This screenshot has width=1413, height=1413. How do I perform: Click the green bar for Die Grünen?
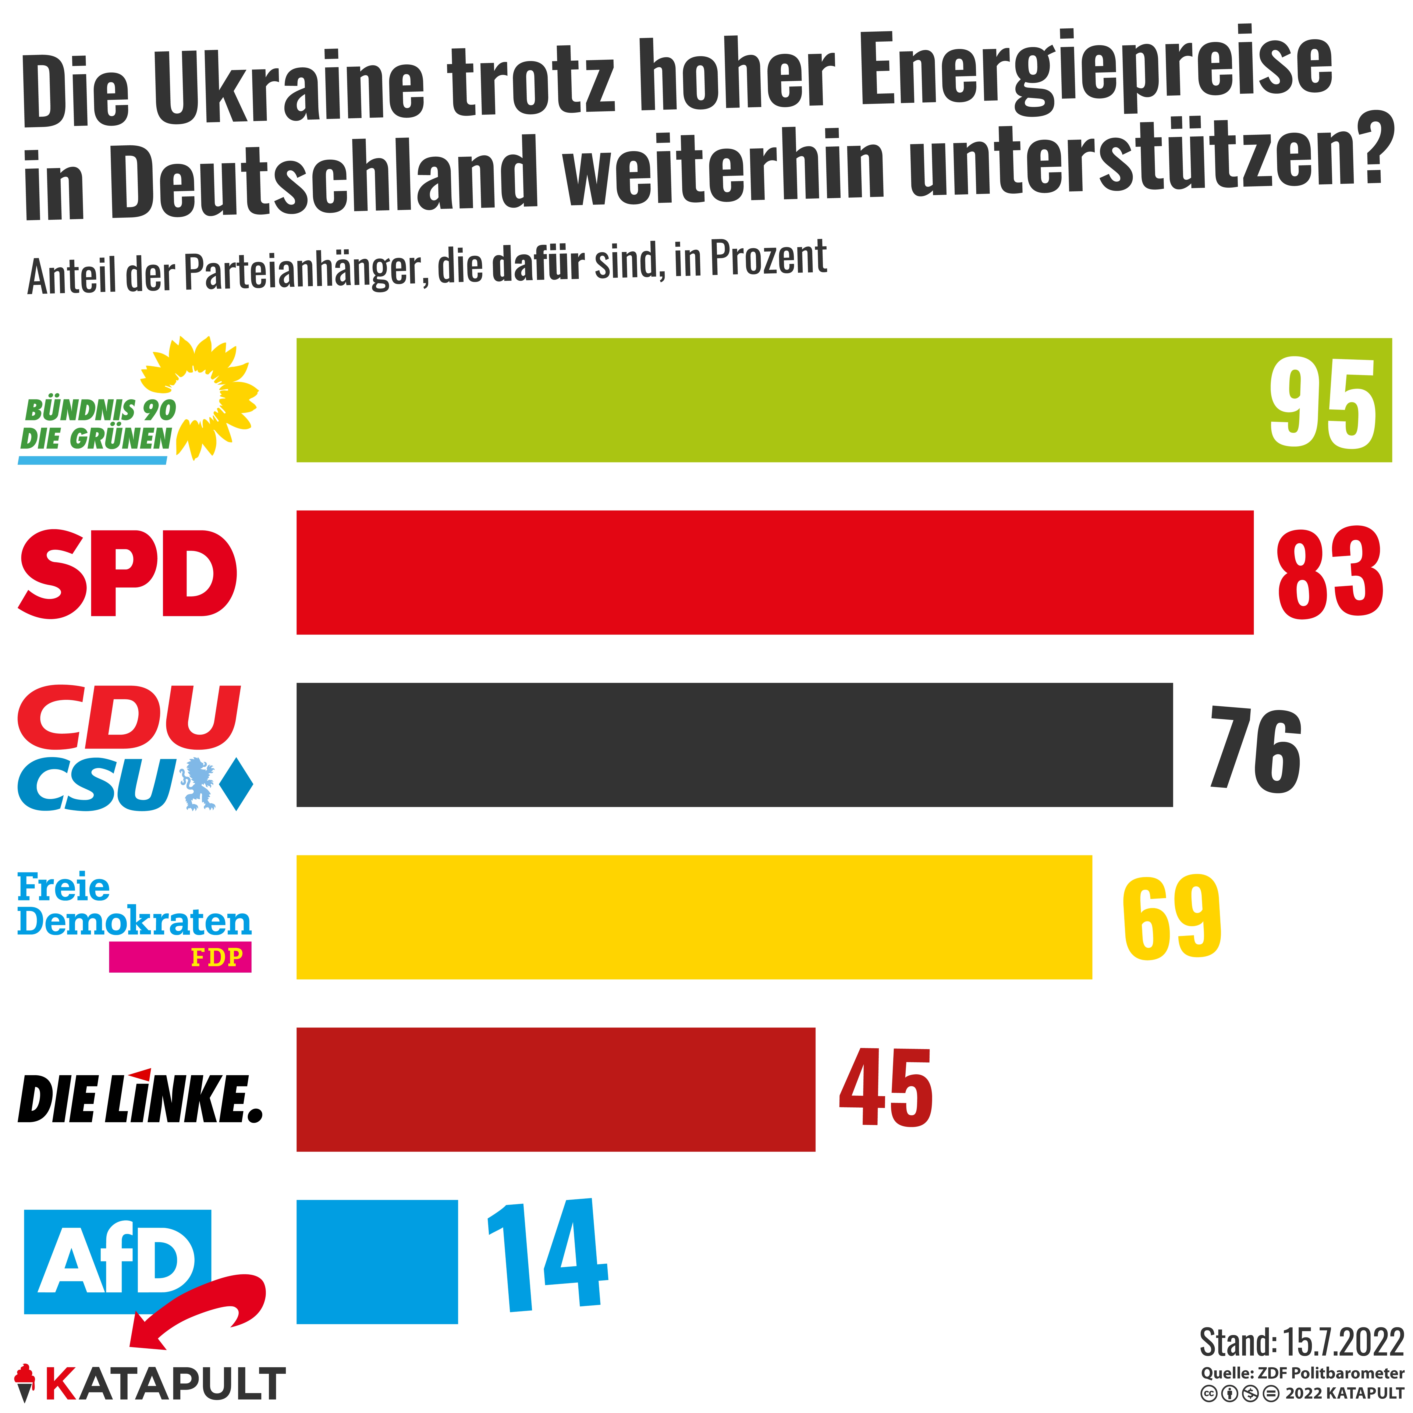click(x=768, y=400)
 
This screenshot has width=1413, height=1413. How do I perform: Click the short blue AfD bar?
click(x=377, y=1262)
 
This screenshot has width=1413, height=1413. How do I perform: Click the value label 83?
click(x=1329, y=573)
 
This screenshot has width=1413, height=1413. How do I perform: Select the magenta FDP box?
click(x=180, y=957)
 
